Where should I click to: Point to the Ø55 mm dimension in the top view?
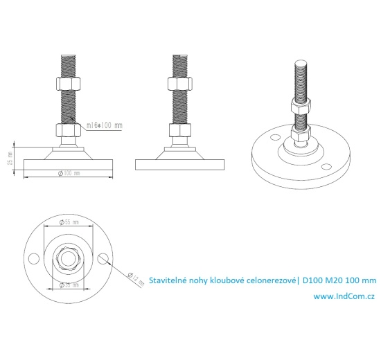click(x=70, y=222)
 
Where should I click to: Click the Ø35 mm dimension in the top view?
click(x=69, y=285)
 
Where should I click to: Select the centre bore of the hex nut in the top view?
click(x=68, y=258)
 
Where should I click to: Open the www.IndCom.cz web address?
click(x=344, y=296)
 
